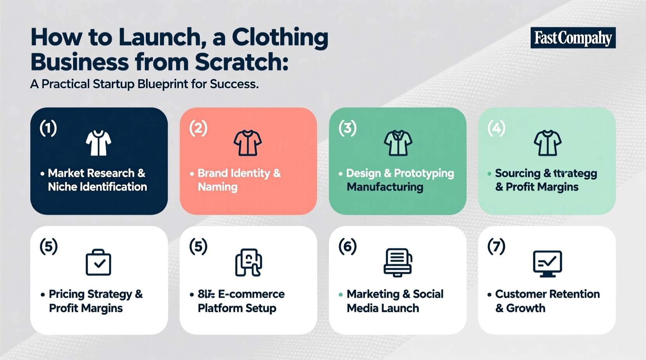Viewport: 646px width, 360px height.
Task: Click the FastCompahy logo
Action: (x=573, y=38)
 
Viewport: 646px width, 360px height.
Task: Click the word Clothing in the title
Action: (x=280, y=37)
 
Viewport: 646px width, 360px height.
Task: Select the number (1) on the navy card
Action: (x=48, y=128)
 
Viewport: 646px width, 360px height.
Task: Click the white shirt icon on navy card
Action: (x=99, y=143)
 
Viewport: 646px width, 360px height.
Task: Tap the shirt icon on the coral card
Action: (x=248, y=143)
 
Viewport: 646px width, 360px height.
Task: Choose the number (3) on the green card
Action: (x=347, y=128)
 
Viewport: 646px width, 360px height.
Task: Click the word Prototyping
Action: (x=424, y=173)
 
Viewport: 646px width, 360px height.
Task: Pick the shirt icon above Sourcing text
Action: (x=547, y=143)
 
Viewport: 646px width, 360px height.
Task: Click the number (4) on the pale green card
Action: (x=496, y=128)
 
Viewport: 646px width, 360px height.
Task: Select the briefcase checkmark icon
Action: (x=99, y=263)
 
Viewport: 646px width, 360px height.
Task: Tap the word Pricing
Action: (x=66, y=294)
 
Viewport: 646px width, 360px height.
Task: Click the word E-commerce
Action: (x=251, y=294)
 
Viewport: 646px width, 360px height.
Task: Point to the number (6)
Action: (x=347, y=247)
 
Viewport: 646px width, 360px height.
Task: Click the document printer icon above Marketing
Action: (x=398, y=263)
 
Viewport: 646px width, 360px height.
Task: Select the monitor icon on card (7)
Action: (x=547, y=263)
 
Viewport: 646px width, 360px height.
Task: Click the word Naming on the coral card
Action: (x=217, y=187)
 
